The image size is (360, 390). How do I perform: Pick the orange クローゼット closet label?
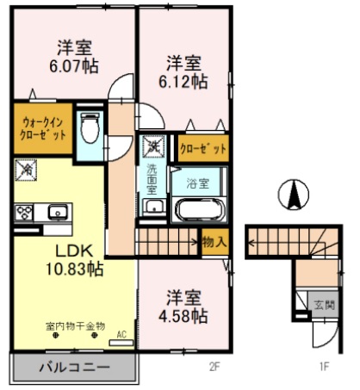point(203,147)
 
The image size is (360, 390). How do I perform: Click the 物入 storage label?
point(214,243)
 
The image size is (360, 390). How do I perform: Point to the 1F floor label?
point(324,368)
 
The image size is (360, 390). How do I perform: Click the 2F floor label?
point(214,368)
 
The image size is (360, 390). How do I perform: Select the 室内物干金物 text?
point(75,326)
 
